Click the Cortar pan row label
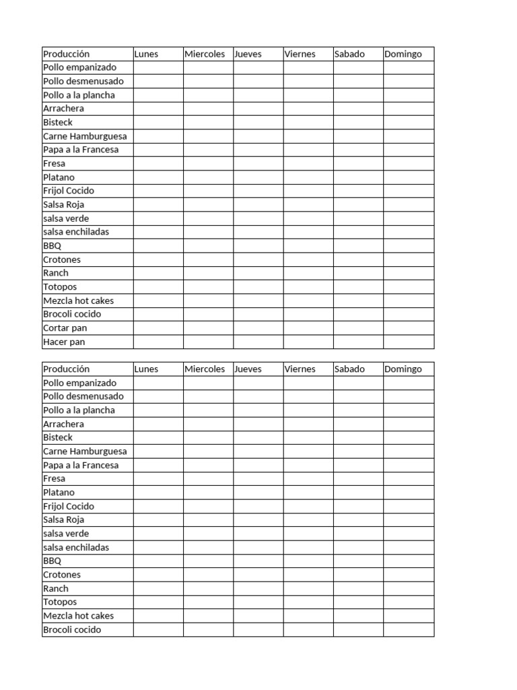[x=65, y=328]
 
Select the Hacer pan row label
[x=64, y=342]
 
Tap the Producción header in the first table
[x=66, y=54]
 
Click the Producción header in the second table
[x=66, y=369]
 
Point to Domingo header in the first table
[x=403, y=54]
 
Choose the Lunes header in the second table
[x=146, y=369]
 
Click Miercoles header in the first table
[x=205, y=54]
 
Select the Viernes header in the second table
[x=300, y=369]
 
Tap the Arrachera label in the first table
[x=63, y=108]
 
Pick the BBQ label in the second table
[x=52, y=561]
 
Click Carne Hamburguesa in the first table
[x=85, y=136]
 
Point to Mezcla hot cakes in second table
[x=78, y=616]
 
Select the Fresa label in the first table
[x=54, y=163]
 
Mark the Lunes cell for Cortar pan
[x=158, y=328]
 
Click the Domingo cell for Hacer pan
[x=409, y=342]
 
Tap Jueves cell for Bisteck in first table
[x=258, y=123]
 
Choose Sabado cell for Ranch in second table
[x=358, y=588]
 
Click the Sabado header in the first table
[x=349, y=54]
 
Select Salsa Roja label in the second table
[x=63, y=520]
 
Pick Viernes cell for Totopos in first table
[x=308, y=287]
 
